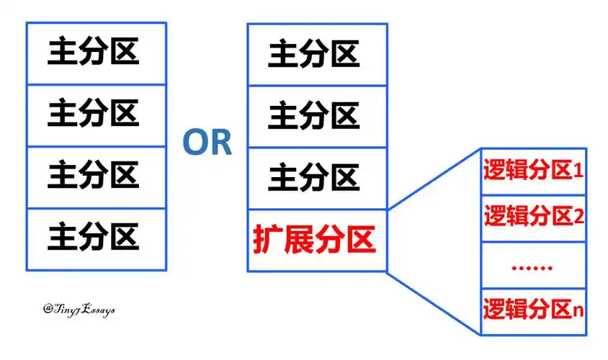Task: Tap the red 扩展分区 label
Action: [x=315, y=240]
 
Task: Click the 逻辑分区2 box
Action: [x=534, y=217]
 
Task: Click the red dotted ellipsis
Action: [x=532, y=266]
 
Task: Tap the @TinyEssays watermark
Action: [x=79, y=308]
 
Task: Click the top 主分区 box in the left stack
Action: [x=96, y=53]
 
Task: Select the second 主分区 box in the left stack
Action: [x=96, y=114]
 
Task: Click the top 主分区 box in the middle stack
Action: [x=317, y=54]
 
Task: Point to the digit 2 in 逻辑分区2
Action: [x=578, y=217]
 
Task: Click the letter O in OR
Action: [x=195, y=143]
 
